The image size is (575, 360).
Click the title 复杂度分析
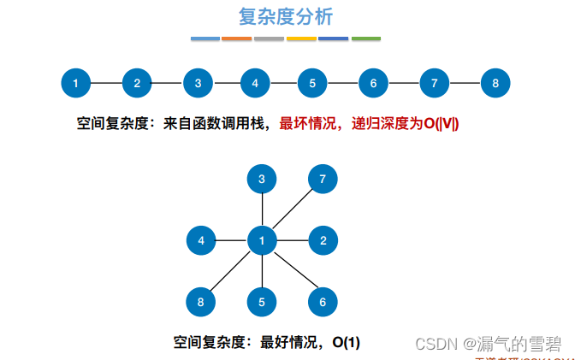[286, 16]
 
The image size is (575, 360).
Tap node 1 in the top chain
[76, 83]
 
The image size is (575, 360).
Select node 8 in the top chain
[495, 83]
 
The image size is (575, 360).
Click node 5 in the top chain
[312, 83]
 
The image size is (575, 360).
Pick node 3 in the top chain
[198, 83]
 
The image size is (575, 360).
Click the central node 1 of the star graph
[262, 240]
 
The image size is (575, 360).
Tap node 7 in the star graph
[323, 180]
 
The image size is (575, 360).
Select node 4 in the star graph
[201, 240]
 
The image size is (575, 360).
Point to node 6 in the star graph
[323, 301]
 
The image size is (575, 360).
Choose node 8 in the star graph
[201, 301]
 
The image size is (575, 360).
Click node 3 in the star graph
[262, 180]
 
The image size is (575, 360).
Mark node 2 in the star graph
[323, 240]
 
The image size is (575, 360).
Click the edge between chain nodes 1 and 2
[106, 83]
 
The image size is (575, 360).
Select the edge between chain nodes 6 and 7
[404, 83]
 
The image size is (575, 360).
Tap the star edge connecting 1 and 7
[293, 210]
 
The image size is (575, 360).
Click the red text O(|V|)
[442, 124]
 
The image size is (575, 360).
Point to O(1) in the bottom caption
[347, 342]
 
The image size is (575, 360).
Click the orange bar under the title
[236, 38]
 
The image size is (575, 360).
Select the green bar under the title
[366, 38]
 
